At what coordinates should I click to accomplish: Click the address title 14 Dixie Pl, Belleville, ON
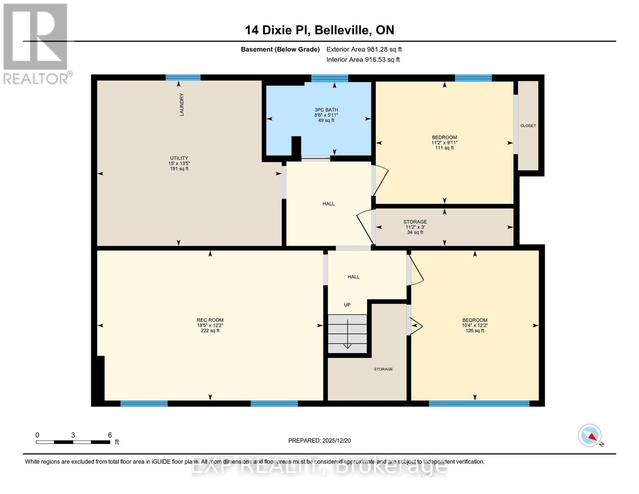coord(319,30)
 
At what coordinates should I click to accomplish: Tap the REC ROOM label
coord(210,320)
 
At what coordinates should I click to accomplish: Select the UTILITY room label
coord(179,158)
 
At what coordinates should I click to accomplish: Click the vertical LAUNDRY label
coord(181,105)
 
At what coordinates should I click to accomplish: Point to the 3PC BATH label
coord(326,110)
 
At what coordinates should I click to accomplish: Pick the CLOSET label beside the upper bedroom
coord(528,126)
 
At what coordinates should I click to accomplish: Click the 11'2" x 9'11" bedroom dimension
coord(444,143)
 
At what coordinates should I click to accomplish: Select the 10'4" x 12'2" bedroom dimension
coord(474,326)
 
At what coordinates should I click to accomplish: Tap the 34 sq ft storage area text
coord(415,233)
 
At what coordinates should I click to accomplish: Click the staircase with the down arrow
coord(347,333)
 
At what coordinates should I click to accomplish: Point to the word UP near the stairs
coord(347,305)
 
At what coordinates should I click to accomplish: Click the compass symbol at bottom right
coord(590,436)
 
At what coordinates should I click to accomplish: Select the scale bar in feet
coord(73,442)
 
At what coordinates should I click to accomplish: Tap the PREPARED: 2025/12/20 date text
coord(319,440)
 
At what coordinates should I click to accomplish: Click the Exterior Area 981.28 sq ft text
coord(364,49)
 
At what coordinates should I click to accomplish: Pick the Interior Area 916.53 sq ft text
coord(363,60)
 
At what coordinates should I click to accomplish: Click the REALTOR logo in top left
coord(36,43)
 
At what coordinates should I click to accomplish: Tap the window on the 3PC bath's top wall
coord(330,78)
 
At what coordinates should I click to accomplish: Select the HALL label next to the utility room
coord(328,204)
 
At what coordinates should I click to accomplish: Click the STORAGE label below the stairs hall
coord(383,369)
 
